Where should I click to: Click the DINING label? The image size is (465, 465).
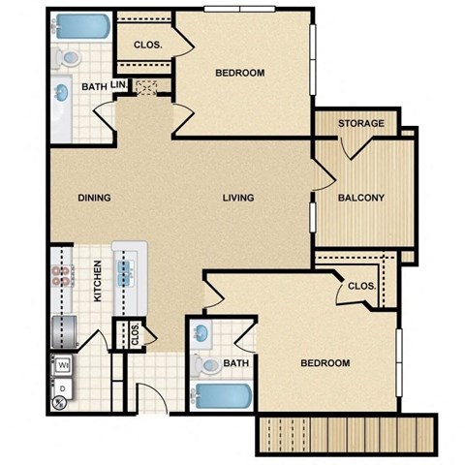[x=95, y=198]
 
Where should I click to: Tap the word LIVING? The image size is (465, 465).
[x=237, y=198]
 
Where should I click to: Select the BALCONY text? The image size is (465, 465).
[x=361, y=198]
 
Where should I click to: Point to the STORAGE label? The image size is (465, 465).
[x=360, y=124]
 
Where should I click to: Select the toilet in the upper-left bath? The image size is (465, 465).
[x=67, y=57]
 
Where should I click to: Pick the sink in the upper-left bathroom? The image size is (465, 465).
[x=61, y=94]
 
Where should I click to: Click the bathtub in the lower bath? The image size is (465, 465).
[x=223, y=397]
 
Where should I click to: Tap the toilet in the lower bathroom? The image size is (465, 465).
[x=206, y=365]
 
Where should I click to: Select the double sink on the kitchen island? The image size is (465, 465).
[x=127, y=267]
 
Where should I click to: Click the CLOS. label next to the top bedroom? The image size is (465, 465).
[x=146, y=45]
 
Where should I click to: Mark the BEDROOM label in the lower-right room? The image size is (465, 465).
[x=325, y=363]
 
